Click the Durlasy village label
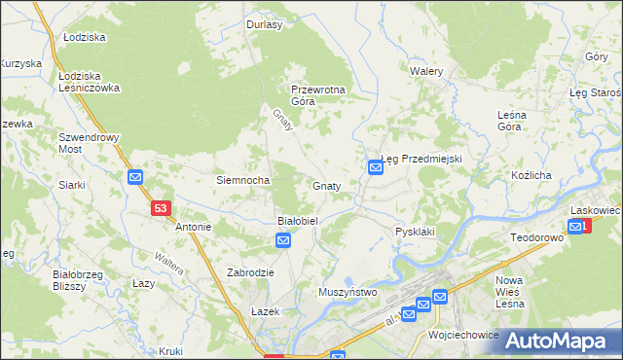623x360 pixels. click(264, 25)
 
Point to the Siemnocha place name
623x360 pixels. click(242, 180)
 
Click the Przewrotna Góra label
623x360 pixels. click(318, 95)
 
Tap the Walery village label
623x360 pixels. click(426, 72)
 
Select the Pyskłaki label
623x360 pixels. click(414, 232)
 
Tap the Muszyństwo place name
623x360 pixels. click(348, 292)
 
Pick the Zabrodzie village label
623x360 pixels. click(251, 273)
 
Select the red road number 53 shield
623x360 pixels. click(162, 208)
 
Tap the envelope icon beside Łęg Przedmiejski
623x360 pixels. click(376, 168)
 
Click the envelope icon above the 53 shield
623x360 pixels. click(135, 177)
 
